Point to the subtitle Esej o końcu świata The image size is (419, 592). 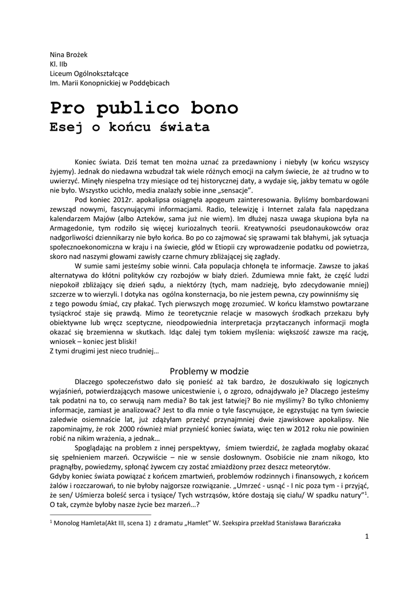tap(129, 127)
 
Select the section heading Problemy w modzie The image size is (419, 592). tap(209, 371)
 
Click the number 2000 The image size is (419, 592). tap(129, 438)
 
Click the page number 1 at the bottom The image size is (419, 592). tap(367, 536)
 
